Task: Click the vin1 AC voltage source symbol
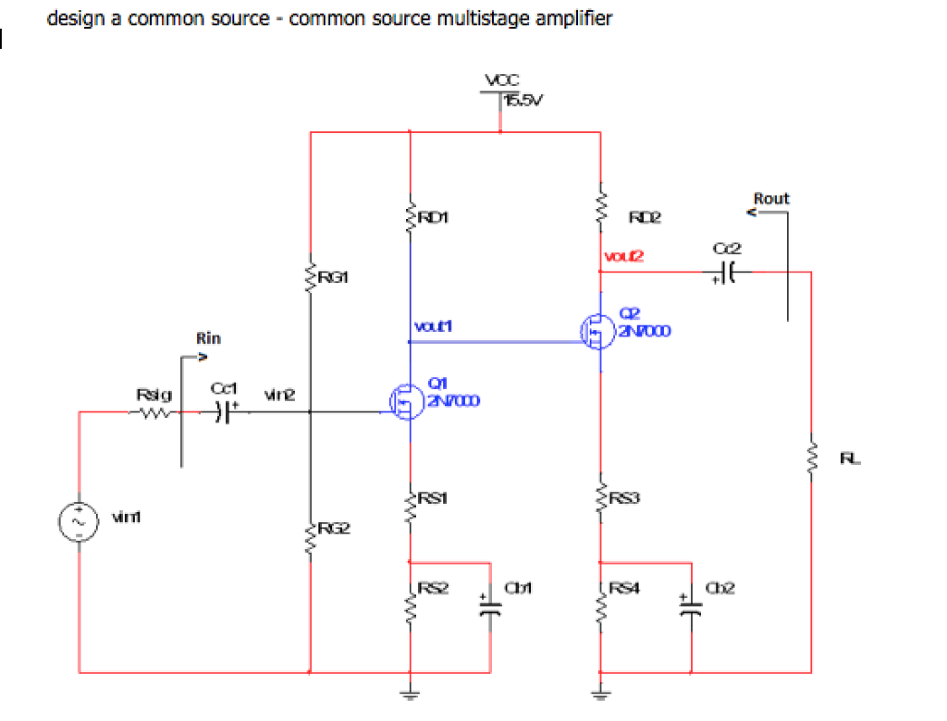point(79,522)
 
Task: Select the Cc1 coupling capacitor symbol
point(223,413)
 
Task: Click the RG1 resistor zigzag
point(311,275)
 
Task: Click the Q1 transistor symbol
point(406,400)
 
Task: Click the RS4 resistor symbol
point(601,604)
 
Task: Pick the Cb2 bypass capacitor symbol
point(691,605)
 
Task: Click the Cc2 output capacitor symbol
point(728,272)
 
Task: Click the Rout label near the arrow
point(771,198)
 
